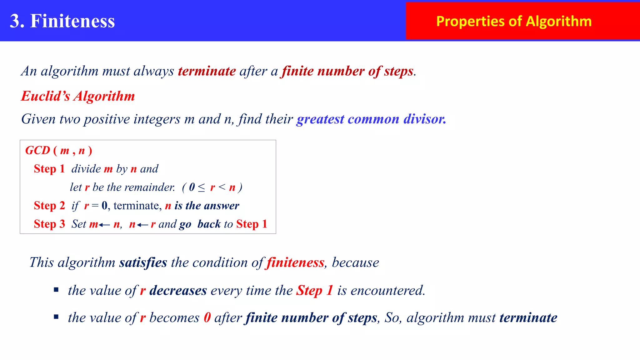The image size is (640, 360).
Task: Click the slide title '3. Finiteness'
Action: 62,21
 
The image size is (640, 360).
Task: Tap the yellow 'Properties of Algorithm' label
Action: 514,21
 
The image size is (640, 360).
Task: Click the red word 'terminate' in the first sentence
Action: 207,71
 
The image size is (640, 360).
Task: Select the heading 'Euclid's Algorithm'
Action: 78,96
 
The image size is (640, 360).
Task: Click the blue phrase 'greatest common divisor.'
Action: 371,119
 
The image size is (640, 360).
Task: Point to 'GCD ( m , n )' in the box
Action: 59,151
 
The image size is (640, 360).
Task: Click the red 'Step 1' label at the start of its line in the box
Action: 49,169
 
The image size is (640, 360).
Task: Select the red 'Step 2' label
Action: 49,206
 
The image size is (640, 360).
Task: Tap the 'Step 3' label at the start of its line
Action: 49,224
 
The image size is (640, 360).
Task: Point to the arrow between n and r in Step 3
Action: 142,225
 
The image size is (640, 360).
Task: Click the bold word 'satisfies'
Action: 143,262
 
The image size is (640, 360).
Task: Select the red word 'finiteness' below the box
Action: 295,262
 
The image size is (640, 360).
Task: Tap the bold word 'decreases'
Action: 178,291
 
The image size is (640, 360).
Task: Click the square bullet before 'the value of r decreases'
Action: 56,290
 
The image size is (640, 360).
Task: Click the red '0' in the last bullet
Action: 207,318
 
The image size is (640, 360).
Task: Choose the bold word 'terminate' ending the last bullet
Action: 528,318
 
